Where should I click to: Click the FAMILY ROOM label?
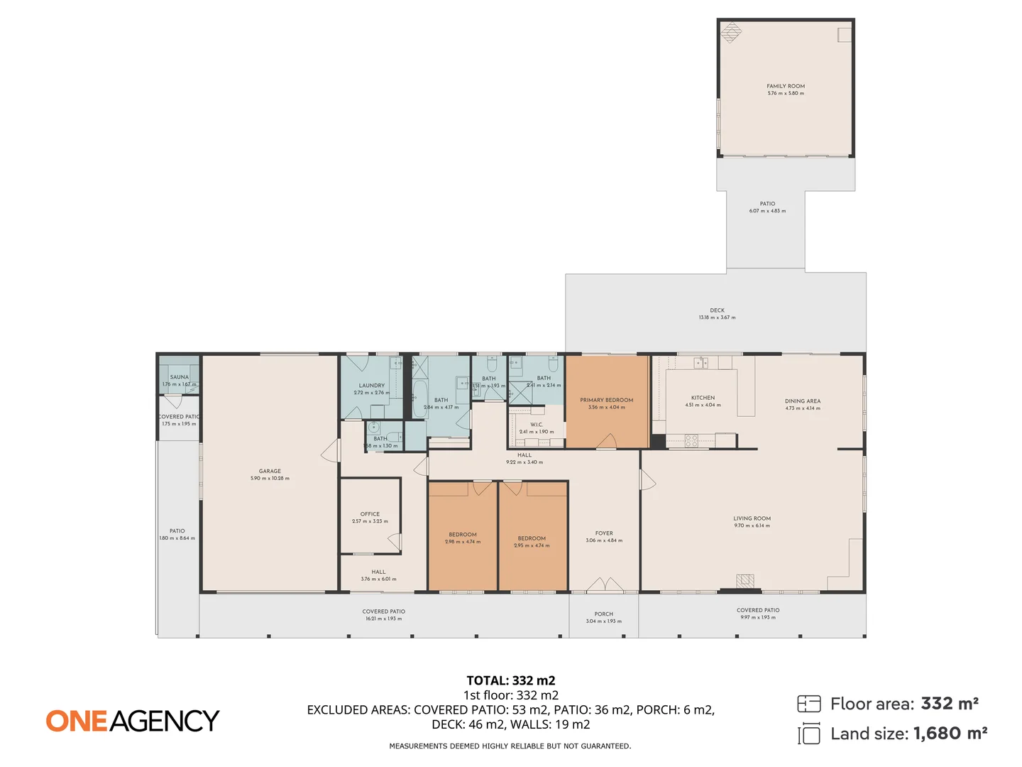785,86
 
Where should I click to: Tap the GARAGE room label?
270,472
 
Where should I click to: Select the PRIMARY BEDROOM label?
606,401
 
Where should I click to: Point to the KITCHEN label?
703,398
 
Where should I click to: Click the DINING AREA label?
802,401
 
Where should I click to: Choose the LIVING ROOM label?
752,518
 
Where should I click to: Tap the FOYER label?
604,533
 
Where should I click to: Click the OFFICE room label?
370,514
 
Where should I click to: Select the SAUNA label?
180,377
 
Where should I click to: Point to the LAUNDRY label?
371,386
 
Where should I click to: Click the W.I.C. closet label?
537,425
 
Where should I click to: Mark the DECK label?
717,310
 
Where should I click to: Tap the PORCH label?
603,614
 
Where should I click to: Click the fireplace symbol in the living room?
744,581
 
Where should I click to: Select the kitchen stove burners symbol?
691,440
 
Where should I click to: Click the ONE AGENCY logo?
133,721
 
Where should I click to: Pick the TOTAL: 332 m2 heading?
510,680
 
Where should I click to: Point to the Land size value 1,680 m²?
950,734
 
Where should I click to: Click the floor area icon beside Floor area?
808,704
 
